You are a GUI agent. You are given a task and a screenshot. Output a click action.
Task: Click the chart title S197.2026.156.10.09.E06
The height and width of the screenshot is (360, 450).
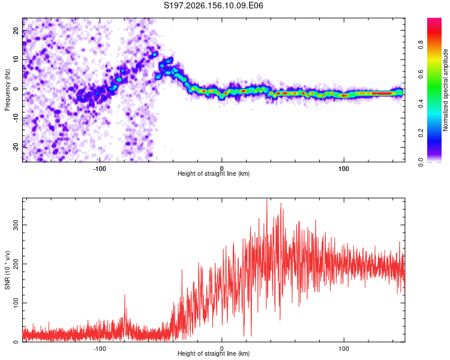point(213,5)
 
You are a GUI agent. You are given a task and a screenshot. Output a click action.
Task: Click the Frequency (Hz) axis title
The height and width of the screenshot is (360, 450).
point(7,90)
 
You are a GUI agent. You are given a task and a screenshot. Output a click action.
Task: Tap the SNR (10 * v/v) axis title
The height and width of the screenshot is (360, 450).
point(7,270)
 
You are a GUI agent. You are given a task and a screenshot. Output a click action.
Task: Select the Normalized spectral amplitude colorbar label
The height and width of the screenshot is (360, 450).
point(445,90)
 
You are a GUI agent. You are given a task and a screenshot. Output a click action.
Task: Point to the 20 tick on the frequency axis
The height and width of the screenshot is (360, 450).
point(16,30)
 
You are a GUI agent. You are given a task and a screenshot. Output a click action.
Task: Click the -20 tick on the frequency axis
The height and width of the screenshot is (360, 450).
point(16,147)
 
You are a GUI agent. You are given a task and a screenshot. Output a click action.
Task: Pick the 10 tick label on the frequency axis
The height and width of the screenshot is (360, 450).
point(16,59)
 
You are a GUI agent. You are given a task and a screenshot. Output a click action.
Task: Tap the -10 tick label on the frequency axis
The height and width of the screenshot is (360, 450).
point(16,118)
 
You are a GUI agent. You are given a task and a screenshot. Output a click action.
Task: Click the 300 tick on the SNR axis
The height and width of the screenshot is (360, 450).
point(16,225)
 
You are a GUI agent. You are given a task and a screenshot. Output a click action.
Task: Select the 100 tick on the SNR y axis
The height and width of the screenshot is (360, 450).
point(16,303)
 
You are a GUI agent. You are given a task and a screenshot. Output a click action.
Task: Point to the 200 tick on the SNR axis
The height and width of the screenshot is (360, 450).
point(16,264)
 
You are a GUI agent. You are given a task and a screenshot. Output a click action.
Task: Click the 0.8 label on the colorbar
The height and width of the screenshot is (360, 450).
point(421,44)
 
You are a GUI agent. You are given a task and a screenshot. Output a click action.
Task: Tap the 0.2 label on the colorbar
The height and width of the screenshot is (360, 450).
point(421,133)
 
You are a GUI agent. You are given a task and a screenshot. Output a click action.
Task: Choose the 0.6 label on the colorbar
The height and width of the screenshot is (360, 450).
point(421,74)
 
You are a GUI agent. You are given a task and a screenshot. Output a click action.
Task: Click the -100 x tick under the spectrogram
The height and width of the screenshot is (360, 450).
point(100,169)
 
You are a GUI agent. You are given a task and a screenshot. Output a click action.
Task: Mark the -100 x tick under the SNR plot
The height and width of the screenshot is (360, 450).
point(100,349)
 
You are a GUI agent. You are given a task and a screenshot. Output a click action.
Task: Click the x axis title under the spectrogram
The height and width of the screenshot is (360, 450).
point(214,173)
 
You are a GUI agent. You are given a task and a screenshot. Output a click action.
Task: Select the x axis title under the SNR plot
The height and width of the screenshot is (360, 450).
point(214,353)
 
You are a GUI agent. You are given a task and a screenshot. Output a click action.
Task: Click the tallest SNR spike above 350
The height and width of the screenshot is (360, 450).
point(267,199)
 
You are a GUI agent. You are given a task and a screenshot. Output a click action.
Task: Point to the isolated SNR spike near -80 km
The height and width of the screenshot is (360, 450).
point(125,296)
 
